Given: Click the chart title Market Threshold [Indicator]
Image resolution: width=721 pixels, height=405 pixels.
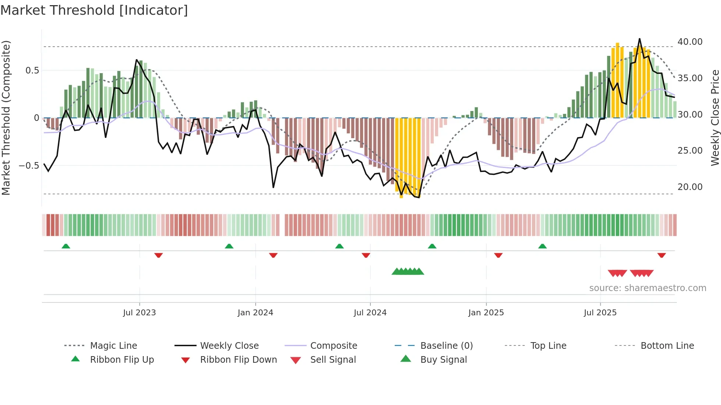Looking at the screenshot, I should click(x=94, y=10).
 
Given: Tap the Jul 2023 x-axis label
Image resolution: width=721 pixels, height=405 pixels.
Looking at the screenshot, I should click(x=139, y=313).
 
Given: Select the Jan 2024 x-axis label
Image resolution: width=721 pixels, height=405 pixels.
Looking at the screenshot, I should click(x=255, y=313).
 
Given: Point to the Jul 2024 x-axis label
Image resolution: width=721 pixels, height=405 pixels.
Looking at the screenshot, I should click(x=370, y=313).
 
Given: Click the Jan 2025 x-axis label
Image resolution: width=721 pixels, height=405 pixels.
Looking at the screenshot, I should click(x=486, y=313).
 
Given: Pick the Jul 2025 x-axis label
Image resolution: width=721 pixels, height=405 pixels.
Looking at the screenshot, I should click(x=600, y=313).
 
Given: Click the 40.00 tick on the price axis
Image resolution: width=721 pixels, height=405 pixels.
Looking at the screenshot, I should click(x=690, y=42).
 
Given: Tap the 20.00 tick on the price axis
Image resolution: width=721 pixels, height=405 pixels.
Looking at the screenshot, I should click(x=690, y=187).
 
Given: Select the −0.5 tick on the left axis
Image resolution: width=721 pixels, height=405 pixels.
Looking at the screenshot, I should click(x=29, y=166).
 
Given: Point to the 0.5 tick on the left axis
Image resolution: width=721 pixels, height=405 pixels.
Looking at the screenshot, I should click(x=32, y=71).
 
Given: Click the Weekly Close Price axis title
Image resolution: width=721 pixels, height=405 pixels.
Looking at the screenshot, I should click(x=715, y=118).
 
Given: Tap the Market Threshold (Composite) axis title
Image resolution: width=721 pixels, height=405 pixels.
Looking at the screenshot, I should click(x=6, y=118).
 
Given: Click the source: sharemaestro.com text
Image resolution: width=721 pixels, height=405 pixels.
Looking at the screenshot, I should click(x=647, y=288).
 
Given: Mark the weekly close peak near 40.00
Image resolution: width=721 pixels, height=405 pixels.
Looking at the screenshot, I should click(x=639, y=39).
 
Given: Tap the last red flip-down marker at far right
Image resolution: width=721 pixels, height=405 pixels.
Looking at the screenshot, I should click(x=661, y=255).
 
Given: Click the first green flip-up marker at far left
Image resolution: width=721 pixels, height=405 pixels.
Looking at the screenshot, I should click(x=66, y=246).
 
